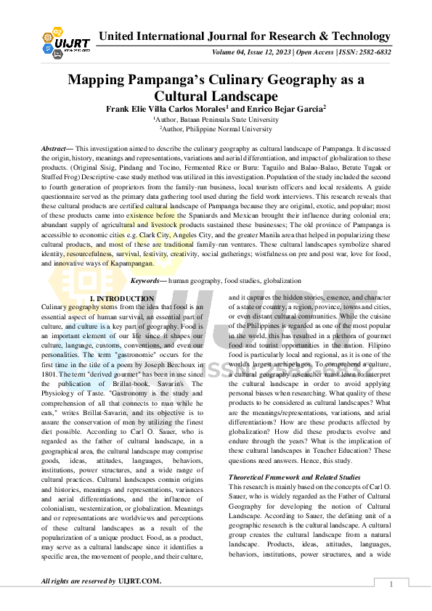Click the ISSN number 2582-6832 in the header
[x=370, y=52]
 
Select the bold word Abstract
[x=56, y=147]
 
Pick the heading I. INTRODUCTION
[x=121, y=298]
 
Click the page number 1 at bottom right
[x=391, y=584]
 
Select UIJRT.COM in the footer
[x=139, y=581]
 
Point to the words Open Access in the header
[x=311, y=52]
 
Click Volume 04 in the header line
[x=230, y=52]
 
